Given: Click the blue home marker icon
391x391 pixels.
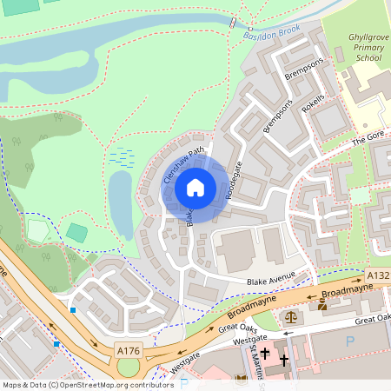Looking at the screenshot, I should (195, 188).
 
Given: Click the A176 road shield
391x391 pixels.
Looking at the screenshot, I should (129, 351).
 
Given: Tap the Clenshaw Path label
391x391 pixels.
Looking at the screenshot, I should (182, 163).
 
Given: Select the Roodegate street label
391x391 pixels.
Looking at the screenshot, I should (232, 180).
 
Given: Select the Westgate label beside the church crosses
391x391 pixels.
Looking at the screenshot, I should (251, 341).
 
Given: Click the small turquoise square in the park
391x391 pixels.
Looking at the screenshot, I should (76, 233).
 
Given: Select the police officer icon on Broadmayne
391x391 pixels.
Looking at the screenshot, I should (322, 305).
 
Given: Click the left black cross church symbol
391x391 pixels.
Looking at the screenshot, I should (265, 355).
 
